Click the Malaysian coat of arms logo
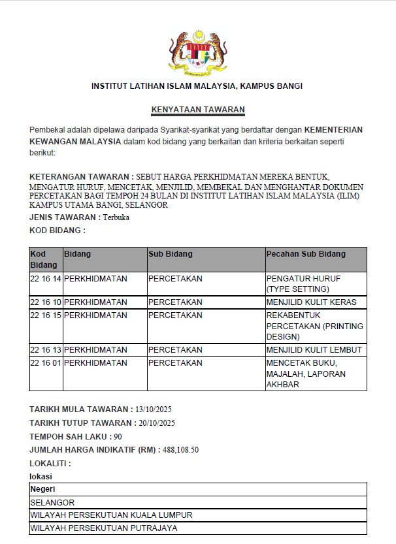(197, 52)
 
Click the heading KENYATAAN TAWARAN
(198, 110)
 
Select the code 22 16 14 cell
(46, 278)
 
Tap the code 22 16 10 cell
(46, 302)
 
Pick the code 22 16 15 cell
(46, 315)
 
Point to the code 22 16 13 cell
(46, 350)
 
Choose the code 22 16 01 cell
(46, 362)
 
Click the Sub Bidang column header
(166, 253)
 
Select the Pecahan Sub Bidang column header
(306, 253)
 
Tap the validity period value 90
(118, 437)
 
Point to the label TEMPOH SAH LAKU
(69, 437)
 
